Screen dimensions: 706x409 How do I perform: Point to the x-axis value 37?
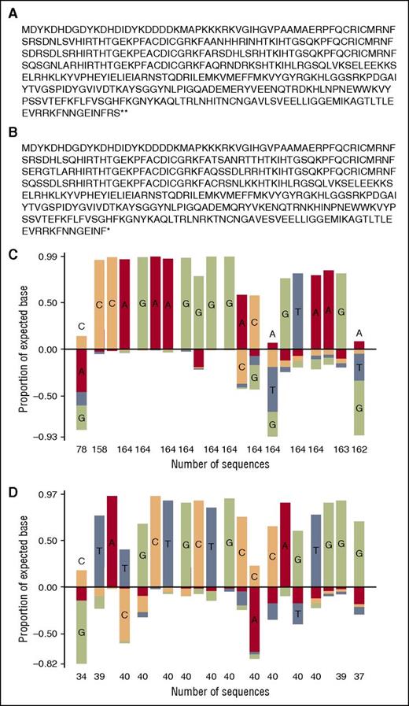[359, 677]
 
